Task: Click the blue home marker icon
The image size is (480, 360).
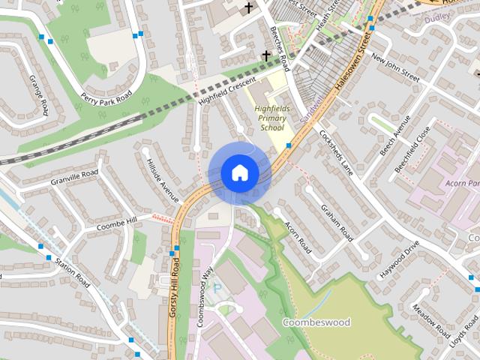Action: pyautogui.click(x=239, y=172)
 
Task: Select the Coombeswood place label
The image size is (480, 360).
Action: pyautogui.click(x=316, y=322)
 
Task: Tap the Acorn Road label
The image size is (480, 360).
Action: pyautogui.click(x=297, y=233)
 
